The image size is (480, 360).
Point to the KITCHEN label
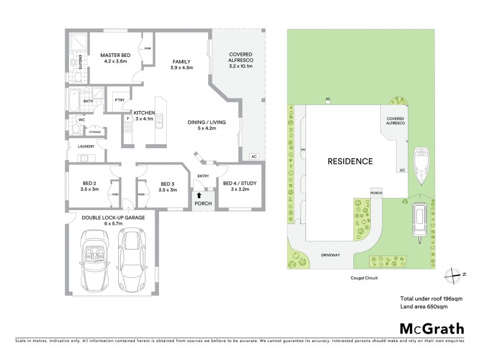point(145,113)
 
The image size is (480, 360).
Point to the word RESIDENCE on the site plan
point(350,161)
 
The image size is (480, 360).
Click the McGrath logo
point(431,328)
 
